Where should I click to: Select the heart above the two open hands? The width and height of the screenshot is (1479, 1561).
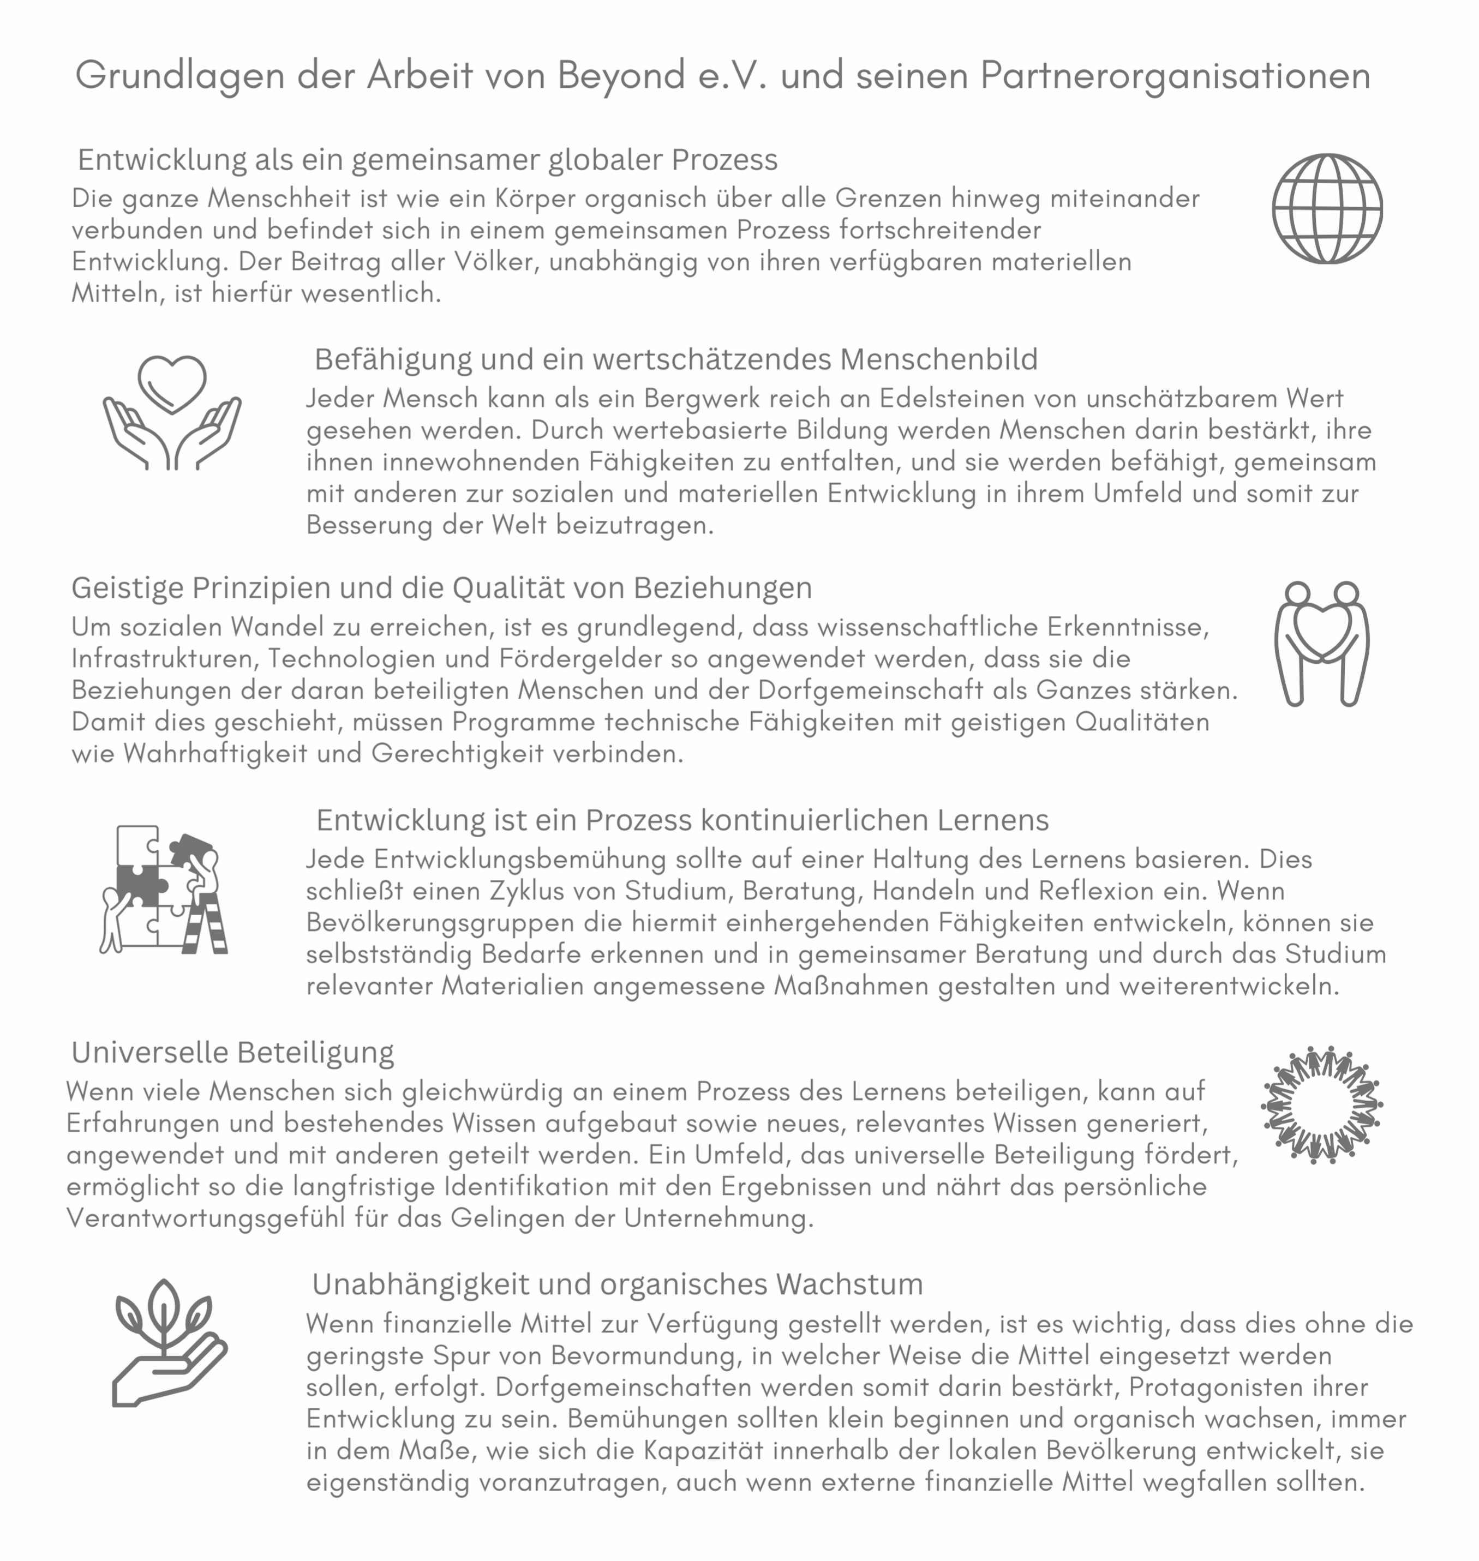click(172, 383)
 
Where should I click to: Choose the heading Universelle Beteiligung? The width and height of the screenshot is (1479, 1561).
click(232, 1053)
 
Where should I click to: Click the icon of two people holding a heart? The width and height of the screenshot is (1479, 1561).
click(1322, 644)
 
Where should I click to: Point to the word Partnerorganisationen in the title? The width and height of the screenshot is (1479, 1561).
click(1176, 76)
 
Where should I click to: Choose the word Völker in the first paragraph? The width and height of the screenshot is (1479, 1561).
click(483, 262)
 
